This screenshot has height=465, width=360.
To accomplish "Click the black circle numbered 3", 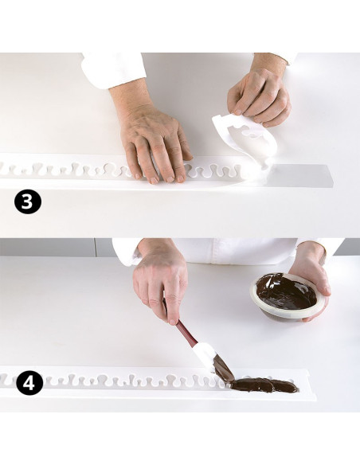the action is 28,201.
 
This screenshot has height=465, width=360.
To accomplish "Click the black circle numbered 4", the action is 29,383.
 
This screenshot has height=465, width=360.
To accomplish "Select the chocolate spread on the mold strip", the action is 264,385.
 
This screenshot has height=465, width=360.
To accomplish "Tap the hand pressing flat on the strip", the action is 151,139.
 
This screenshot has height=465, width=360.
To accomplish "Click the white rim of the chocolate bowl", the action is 284,311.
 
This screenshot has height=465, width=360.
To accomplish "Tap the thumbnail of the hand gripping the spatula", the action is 173,320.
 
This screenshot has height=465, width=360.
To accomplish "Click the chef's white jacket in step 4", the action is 237,251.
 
